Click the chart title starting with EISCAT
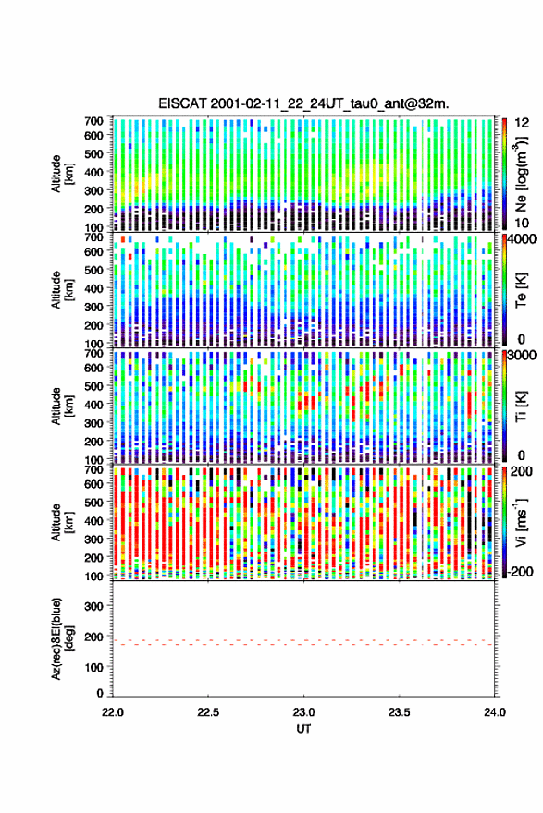[303, 103]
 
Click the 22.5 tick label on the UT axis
[207, 712]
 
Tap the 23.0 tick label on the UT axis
[303, 712]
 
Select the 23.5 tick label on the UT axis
[399, 712]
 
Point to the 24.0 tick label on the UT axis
[494, 712]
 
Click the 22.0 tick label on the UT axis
[113, 712]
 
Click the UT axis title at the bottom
[303, 729]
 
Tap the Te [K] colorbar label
[521, 291]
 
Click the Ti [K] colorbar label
[521, 407]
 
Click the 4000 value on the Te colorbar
[525, 239]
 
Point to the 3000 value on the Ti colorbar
[525, 355]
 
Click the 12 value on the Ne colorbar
[522, 123]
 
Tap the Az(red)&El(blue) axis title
[62, 637]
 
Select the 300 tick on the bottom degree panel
[94, 606]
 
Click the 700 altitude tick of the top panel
[93, 121]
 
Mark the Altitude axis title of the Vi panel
[62, 522]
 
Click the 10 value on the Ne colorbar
[522, 223]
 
